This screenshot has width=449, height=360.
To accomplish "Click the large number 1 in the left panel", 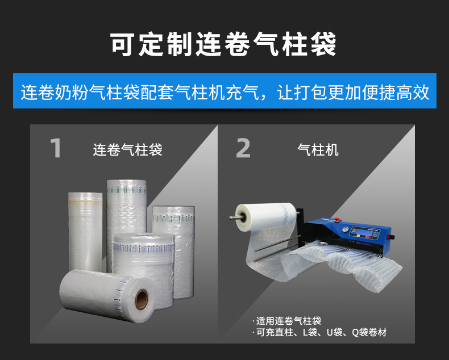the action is point(56,148).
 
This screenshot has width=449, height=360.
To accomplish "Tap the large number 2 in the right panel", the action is point(243,148).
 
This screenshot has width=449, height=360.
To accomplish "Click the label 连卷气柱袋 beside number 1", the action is point(127,150).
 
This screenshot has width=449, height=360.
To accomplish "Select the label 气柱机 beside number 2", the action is point(318,150).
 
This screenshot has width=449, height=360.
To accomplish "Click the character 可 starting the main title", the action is point(123,44).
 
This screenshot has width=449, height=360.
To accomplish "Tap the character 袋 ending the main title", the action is point(323,44).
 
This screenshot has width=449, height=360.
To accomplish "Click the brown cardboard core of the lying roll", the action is point(142,300).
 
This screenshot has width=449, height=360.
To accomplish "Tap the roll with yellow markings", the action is point(85,232).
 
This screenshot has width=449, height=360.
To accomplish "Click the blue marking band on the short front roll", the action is point(143,248).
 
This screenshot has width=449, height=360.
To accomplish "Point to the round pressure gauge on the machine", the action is point(346,230).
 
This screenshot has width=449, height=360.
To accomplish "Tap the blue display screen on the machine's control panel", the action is point(364,232).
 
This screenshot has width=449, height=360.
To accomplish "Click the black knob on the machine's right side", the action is point(391,237).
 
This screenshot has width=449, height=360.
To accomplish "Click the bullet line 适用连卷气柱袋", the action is point(286,321).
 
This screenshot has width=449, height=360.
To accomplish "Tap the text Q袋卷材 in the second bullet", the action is point(369,332).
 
